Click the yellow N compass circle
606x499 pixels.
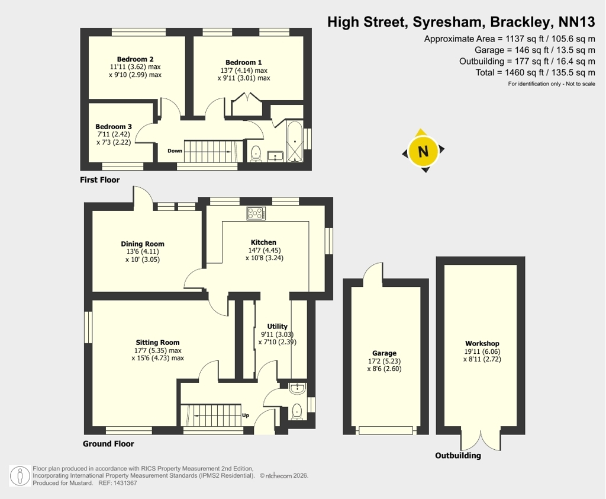tap(423, 151)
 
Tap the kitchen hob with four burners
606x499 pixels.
tap(256, 213)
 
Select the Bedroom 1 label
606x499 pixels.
tap(243, 62)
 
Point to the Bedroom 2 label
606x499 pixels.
tap(136, 59)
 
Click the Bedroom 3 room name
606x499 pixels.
tap(114, 127)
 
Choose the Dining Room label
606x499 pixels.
tap(143, 244)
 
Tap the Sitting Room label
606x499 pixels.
tap(157, 342)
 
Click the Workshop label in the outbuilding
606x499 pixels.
tap(482, 343)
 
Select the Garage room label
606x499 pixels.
tap(384, 353)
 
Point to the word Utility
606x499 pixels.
tap(277, 327)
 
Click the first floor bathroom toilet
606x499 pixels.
tap(256, 153)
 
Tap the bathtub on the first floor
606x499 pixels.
tap(295, 142)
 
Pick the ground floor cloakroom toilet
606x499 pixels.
tap(297, 411)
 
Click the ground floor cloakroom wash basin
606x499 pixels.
tap(298, 389)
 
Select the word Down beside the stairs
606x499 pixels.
tap(175, 151)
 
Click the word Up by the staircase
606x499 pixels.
tap(246, 415)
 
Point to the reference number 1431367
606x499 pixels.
tap(124, 483)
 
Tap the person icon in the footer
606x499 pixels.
tap(20, 476)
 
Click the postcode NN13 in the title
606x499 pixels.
tap(576, 22)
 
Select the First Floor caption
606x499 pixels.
tap(99, 180)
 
